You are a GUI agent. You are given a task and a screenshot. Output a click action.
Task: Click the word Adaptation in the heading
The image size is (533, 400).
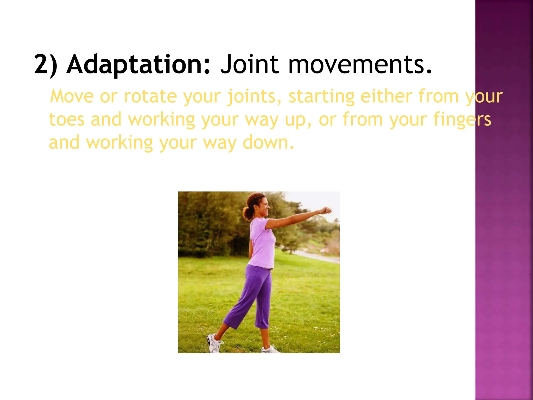[x=138, y=64]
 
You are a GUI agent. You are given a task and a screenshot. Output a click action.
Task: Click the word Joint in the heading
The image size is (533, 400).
[x=249, y=64]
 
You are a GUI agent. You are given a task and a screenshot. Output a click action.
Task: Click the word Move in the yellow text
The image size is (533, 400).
[x=72, y=96]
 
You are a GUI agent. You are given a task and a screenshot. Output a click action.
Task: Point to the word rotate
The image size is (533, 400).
[x=150, y=96]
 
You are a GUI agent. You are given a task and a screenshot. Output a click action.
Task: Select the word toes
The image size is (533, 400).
[x=67, y=120]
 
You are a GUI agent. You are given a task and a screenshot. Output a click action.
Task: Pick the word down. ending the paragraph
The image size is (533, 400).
[x=268, y=142]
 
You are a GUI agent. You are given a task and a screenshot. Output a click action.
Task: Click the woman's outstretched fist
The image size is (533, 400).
[x=325, y=210]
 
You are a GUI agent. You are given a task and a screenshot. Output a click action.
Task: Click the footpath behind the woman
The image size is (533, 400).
[x=318, y=257]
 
